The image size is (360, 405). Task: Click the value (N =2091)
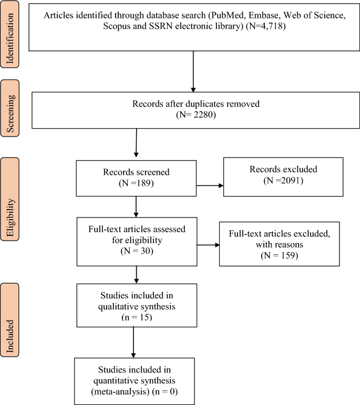(284, 181)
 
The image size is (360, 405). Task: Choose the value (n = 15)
(136, 317)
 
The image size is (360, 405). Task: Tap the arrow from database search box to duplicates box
(194, 71)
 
